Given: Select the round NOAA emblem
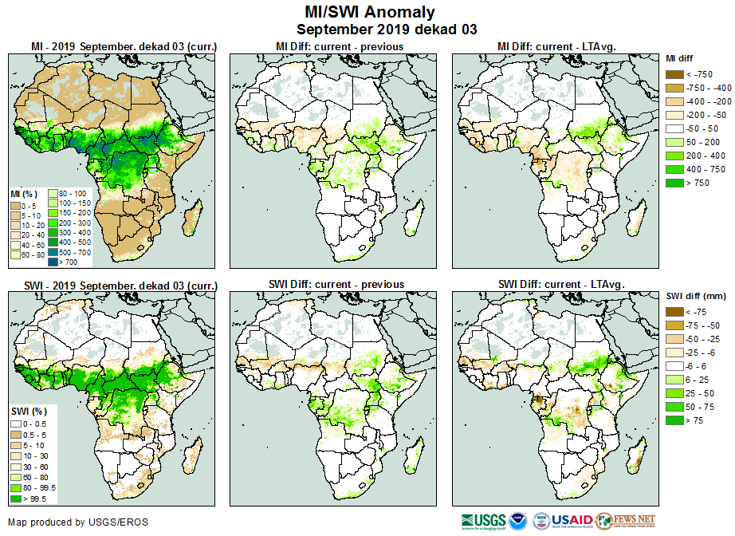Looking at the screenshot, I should [518, 521].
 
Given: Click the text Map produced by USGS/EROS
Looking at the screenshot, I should [78, 522].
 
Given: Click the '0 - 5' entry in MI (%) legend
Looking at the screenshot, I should [15, 207].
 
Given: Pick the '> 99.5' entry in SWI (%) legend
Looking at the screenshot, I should [15, 499].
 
